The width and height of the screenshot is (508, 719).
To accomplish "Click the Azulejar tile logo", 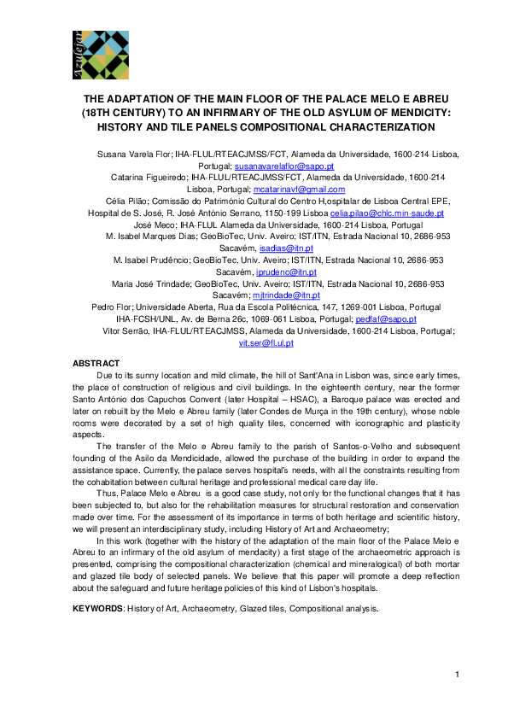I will (95, 52).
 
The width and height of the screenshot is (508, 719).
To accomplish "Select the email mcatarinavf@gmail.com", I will (299, 189).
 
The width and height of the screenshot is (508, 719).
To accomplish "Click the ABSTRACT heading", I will (96, 363).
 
